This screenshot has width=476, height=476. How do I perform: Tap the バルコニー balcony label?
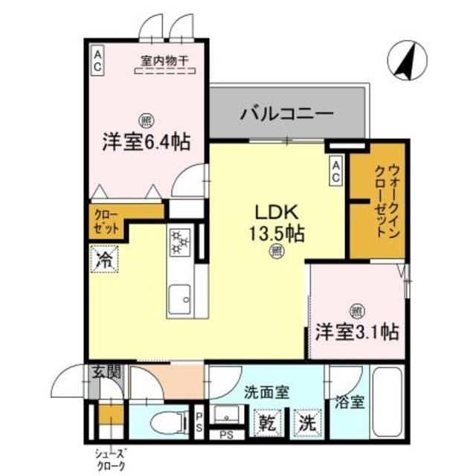[286, 115]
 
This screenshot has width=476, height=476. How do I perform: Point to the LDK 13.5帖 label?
[274, 221]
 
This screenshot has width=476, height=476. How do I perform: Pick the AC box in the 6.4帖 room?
[98, 60]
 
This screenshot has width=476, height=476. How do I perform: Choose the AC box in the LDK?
[336, 170]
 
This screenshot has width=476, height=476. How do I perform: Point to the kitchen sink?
[179, 302]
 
